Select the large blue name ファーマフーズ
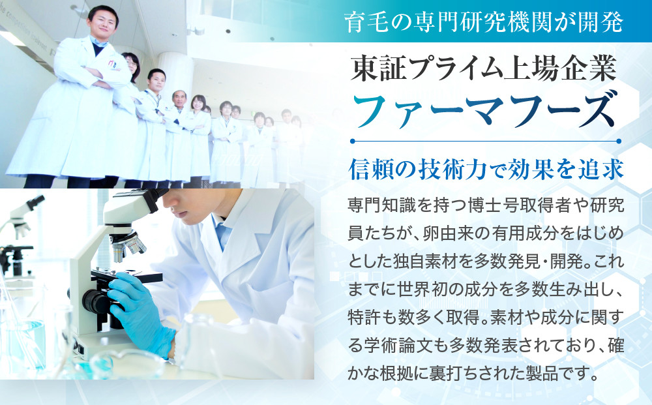(x=484, y=112)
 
